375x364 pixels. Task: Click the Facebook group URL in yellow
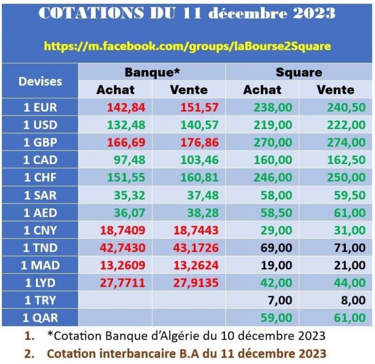(187, 46)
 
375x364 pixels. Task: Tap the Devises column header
(40, 81)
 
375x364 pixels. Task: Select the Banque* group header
(153, 72)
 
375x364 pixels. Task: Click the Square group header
(299, 72)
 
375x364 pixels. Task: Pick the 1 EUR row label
(40, 107)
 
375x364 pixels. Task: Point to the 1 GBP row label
(40, 142)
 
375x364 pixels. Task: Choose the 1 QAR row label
(40, 318)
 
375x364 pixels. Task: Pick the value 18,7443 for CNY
(194, 230)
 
